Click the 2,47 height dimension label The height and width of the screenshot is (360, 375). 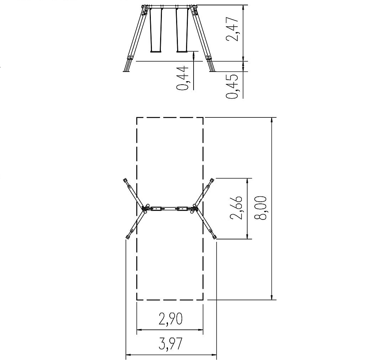pyautogui.click(x=232, y=29)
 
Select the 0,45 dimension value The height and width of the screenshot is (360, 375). pyautogui.click(x=232, y=86)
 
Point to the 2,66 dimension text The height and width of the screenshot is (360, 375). pyautogui.click(x=236, y=207)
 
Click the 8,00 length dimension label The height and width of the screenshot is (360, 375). pyautogui.click(x=260, y=208)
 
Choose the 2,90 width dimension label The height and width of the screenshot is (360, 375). pyautogui.click(x=170, y=319)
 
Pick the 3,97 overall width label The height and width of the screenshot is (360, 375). pyautogui.click(x=170, y=344)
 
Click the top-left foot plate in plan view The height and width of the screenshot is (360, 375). pyautogui.click(x=125, y=180)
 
